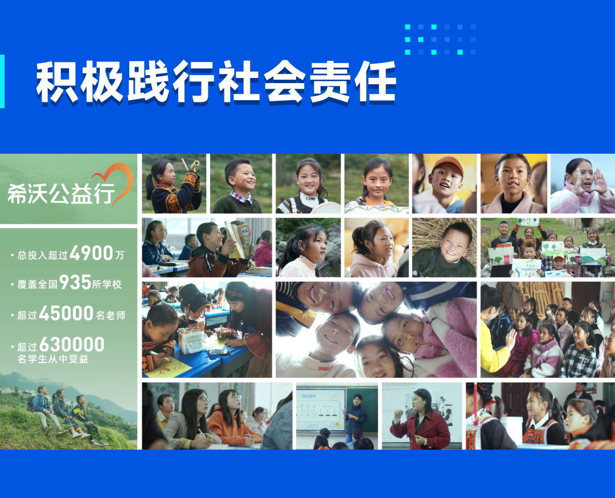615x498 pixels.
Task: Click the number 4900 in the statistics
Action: point(92,253)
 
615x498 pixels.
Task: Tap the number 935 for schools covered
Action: point(75,282)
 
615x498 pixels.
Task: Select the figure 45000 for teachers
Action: point(66,313)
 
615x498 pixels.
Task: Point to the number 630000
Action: point(72,345)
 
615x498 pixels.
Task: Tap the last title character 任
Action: point(375,83)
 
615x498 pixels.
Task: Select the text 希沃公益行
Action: point(61,194)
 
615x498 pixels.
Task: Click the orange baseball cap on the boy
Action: point(448,164)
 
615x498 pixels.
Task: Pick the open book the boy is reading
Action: point(239,239)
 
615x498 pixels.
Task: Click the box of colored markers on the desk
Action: point(191,339)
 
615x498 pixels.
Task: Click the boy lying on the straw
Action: point(445,252)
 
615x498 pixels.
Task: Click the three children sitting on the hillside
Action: point(67,414)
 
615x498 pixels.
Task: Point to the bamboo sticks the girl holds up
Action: point(191,165)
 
